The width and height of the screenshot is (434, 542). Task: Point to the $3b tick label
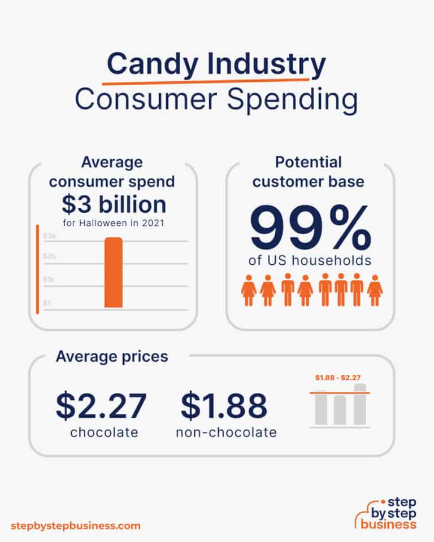(x=50, y=235)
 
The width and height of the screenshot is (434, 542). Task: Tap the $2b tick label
(x=50, y=257)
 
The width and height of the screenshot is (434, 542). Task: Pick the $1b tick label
(x=50, y=280)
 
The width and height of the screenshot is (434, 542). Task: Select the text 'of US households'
(x=310, y=261)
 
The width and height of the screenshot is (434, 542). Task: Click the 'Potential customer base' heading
(x=309, y=172)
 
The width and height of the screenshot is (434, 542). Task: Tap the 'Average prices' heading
(x=111, y=356)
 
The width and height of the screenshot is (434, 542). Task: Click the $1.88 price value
(x=224, y=406)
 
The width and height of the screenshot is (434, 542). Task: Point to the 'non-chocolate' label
(x=226, y=432)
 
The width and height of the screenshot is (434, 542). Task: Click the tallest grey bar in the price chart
(x=360, y=404)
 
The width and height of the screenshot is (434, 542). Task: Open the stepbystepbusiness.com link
(x=75, y=526)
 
